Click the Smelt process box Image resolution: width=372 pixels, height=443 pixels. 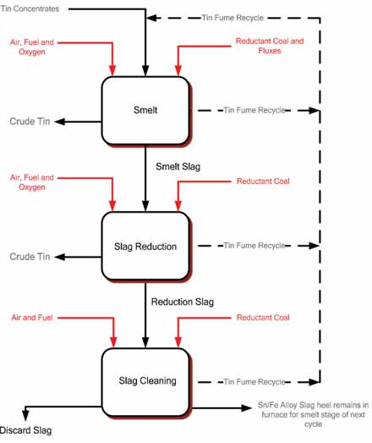coord(145,111)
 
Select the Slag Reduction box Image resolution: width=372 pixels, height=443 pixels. coord(145,246)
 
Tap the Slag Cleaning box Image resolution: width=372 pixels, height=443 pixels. coord(145,382)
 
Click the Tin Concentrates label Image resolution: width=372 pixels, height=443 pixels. coord(30,9)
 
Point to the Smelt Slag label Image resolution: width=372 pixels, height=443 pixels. coord(178,166)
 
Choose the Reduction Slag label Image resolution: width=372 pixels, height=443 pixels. coord(183,302)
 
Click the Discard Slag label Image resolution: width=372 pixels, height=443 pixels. coord(25,430)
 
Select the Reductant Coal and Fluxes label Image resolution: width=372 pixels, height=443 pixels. coord(270,46)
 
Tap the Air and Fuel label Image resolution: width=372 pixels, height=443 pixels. coord(32,318)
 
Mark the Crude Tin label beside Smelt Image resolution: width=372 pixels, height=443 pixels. coord(30,121)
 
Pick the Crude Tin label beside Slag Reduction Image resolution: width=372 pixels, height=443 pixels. coord(30,257)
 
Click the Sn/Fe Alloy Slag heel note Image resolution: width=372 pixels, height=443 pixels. coord(313,414)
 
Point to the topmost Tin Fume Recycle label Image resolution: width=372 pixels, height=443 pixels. coord(232,18)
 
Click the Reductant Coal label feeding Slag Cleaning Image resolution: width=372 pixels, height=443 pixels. coord(263,318)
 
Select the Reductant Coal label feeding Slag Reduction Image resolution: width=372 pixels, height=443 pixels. coord(263,181)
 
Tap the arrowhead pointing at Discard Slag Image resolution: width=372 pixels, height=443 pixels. coord(25,415)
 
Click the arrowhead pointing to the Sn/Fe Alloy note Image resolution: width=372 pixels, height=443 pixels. coord(246,407)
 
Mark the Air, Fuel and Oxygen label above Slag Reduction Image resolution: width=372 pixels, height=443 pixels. coord(32,182)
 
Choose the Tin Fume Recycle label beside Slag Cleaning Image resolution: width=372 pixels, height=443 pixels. coord(254,382)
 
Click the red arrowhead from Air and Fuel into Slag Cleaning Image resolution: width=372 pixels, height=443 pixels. coord(113,342)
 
